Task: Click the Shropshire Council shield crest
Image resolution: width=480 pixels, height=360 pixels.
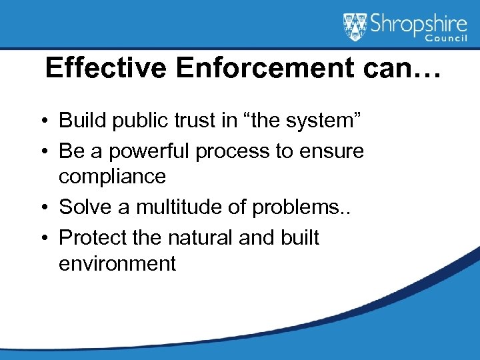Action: [355, 27]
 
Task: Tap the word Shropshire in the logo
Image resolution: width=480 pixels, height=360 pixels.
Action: [415, 23]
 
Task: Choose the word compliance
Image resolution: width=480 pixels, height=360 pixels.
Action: [112, 177]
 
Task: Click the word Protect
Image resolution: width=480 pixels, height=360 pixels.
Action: [91, 238]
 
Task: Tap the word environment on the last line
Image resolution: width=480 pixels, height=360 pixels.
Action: [117, 263]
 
